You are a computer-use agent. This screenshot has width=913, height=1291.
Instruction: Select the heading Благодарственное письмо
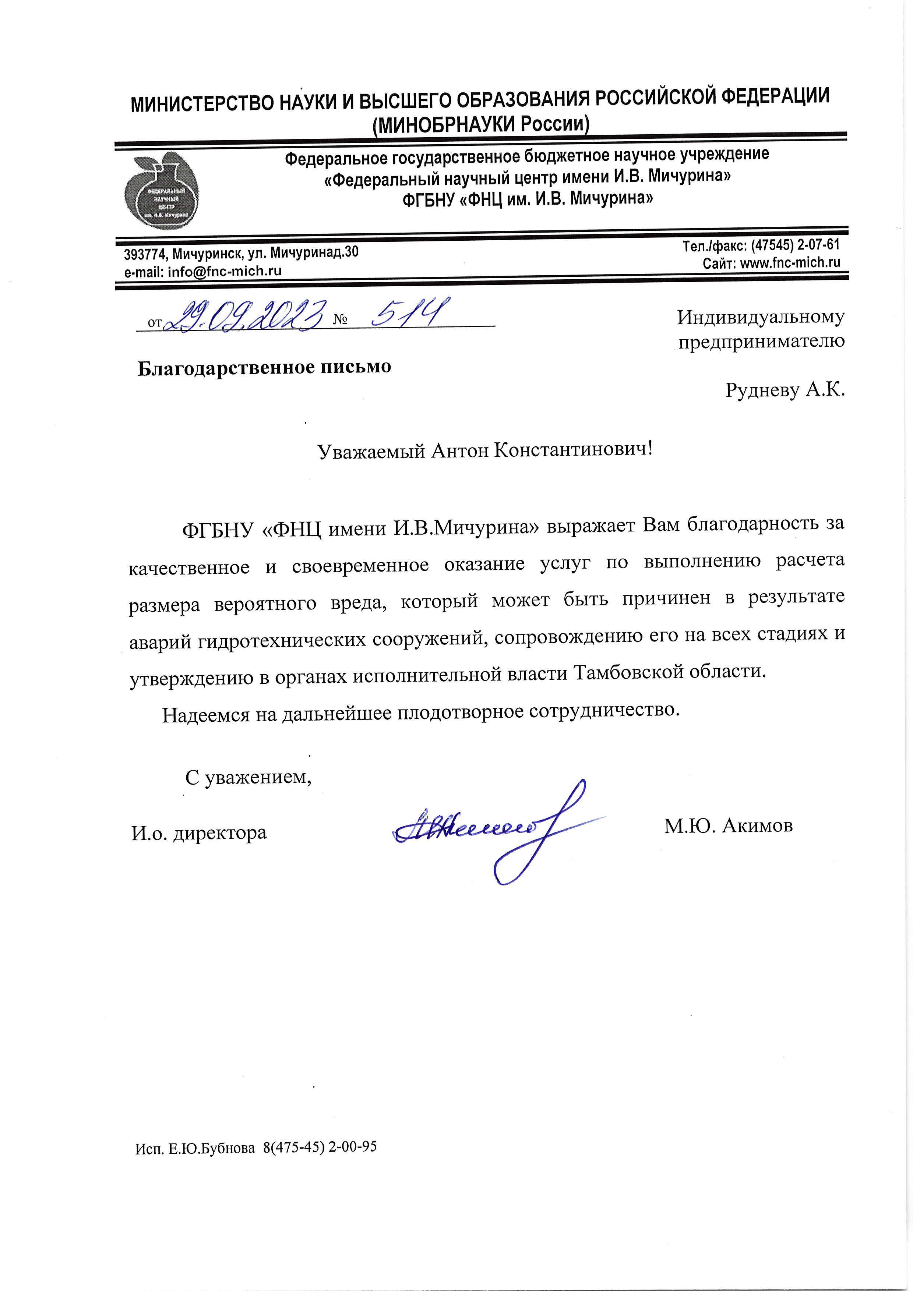tap(264, 368)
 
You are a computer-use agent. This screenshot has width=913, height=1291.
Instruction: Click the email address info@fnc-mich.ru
tap(225, 271)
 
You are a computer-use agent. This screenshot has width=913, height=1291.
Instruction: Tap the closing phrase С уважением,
tap(248, 778)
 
